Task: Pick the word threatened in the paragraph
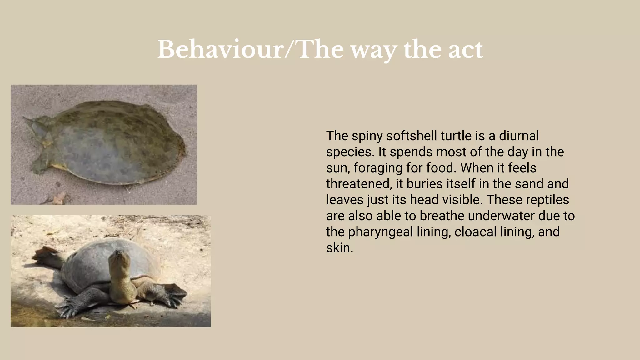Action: click(x=359, y=184)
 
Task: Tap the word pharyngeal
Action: click(x=380, y=232)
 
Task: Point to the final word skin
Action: click(x=339, y=248)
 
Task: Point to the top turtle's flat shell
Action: click(x=116, y=144)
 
